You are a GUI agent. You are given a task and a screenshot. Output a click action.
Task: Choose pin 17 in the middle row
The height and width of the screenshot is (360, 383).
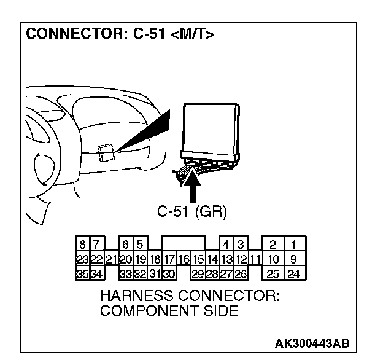click(x=169, y=260)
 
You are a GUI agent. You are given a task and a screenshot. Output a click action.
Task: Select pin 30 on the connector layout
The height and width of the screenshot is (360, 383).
click(x=169, y=272)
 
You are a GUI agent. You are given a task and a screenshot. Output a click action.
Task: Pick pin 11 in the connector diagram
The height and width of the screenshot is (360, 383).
click(x=255, y=260)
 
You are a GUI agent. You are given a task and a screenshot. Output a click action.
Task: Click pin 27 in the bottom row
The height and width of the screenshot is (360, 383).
click(x=226, y=272)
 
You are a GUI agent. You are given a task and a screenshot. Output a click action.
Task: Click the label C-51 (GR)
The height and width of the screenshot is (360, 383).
click(x=192, y=213)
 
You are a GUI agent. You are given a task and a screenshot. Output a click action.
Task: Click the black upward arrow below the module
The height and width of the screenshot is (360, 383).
click(x=192, y=188)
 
